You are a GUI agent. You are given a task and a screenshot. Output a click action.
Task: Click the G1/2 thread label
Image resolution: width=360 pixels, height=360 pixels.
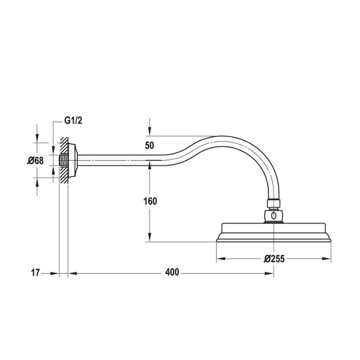[x=73, y=121]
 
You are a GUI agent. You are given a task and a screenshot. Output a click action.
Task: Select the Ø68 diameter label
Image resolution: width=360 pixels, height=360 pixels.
[x=35, y=160]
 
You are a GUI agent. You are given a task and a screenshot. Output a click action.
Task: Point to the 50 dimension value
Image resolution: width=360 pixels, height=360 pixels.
[x=150, y=145]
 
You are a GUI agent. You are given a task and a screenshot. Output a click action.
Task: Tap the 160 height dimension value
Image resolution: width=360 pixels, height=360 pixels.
[x=150, y=201]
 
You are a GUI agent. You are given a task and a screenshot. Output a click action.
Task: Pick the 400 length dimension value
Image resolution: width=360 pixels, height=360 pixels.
[x=172, y=272]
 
